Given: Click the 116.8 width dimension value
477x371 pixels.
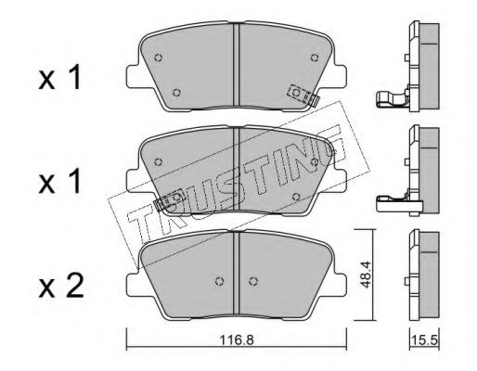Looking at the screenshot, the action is (x=237, y=340).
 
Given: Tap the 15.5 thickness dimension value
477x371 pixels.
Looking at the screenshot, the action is (x=425, y=340).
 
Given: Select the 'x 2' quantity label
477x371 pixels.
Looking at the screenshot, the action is (x=61, y=288).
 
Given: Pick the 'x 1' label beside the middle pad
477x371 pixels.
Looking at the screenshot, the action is (x=59, y=182).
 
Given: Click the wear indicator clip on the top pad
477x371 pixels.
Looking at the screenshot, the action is (x=303, y=96).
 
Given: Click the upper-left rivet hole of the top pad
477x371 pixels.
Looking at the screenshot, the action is (x=159, y=58).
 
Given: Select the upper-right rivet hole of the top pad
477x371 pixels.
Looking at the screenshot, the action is (x=315, y=58).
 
